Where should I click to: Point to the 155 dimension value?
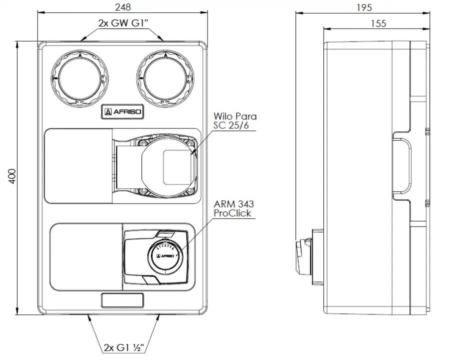(379, 23)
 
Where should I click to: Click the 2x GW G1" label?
(123, 23)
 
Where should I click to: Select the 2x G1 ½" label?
(124, 346)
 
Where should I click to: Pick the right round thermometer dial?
(165, 78)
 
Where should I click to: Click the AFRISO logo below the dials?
(122, 112)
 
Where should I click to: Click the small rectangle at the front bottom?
(123, 300)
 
